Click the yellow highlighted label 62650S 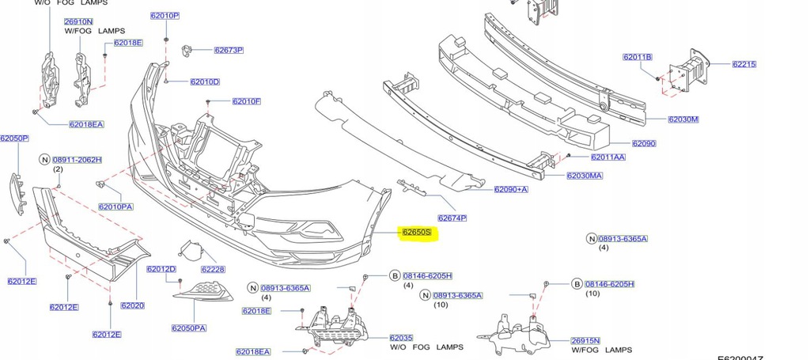pyautogui.click(x=416, y=233)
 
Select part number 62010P pyautogui.click(x=165, y=16)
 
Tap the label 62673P pyautogui.click(x=228, y=51)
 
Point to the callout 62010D pyautogui.click(x=204, y=82)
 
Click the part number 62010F pyautogui.click(x=246, y=101)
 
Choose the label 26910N pyautogui.click(x=78, y=21)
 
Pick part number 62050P pyautogui.click(x=13, y=138)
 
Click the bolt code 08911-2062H pyautogui.click(x=77, y=160)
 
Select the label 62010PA pyautogui.click(x=115, y=207)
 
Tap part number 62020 pyautogui.click(x=132, y=305)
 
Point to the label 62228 pyautogui.click(x=213, y=269)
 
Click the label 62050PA pyautogui.click(x=189, y=328)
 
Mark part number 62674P pyautogui.click(x=452, y=218)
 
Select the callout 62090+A pyautogui.click(x=511, y=190)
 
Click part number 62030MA pyautogui.click(x=585, y=176)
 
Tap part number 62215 pyautogui.click(x=744, y=64)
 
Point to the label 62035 pyautogui.click(x=401, y=338)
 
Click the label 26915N pyautogui.click(x=585, y=341)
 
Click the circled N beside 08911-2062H pyautogui.click(x=44, y=160)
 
